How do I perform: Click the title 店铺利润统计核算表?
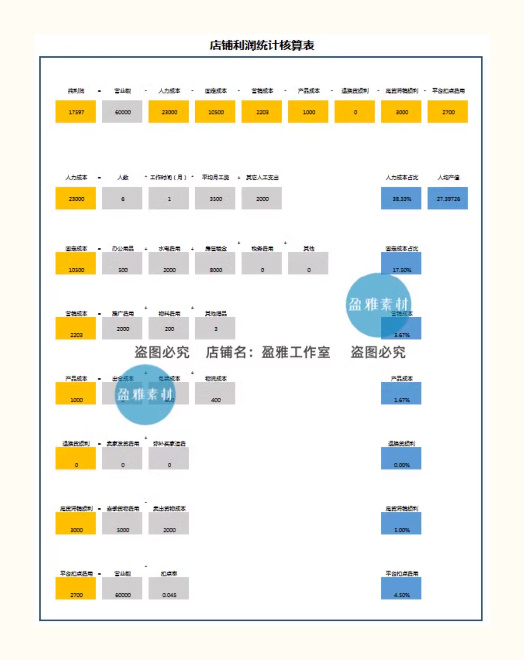pyautogui.click(x=262, y=45)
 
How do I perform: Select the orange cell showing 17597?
pyautogui.click(x=75, y=112)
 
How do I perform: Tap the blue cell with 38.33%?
pyautogui.click(x=401, y=198)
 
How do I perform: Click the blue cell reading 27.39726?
pyautogui.click(x=447, y=198)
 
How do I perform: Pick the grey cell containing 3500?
pyautogui.click(x=215, y=198)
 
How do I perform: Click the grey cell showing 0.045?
pyautogui.click(x=169, y=588)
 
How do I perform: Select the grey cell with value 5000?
pyautogui.click(x=122, y=524)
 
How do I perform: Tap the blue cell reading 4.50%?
pyautogui.click(x=401, y=588)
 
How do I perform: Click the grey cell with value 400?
pyautogui.click(x=215, y=394)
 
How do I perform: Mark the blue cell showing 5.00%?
pyautogui.click(x=401, y=524)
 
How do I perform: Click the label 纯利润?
pyautogui.click(x=76, y=91)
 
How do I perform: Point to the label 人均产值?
pyautogui.click(x=448, y=177)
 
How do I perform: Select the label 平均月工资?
pyautogui.click(x=216, y=177)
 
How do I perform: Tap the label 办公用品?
pyautogui.click(x=123, y=249)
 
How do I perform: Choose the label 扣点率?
pyautogui.click(x=169, y=573)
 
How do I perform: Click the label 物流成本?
pyautogui.click(x=216, y=378)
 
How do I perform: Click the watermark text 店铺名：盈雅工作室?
pyautogui.click(x=268, y=352)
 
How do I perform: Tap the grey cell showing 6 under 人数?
pyautogui.click(x=122, y=198)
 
